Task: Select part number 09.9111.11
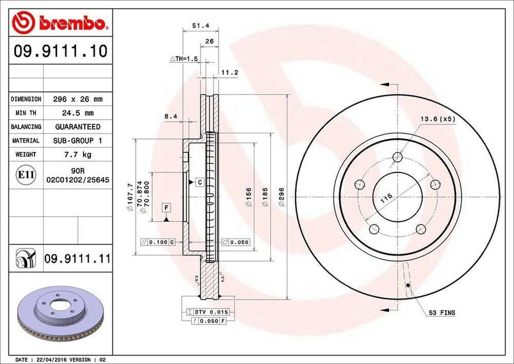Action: [77, 259]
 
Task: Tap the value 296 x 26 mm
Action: [77, 100]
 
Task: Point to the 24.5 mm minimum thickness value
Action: [77, 113]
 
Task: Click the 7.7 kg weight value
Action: [77, 154]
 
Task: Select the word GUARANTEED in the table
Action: [77, 127]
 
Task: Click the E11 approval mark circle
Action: [26, 175]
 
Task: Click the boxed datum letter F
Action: [166, 207]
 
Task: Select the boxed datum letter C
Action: [199, 181]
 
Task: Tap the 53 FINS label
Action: [442, 313]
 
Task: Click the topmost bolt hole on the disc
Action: [398, 156]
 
